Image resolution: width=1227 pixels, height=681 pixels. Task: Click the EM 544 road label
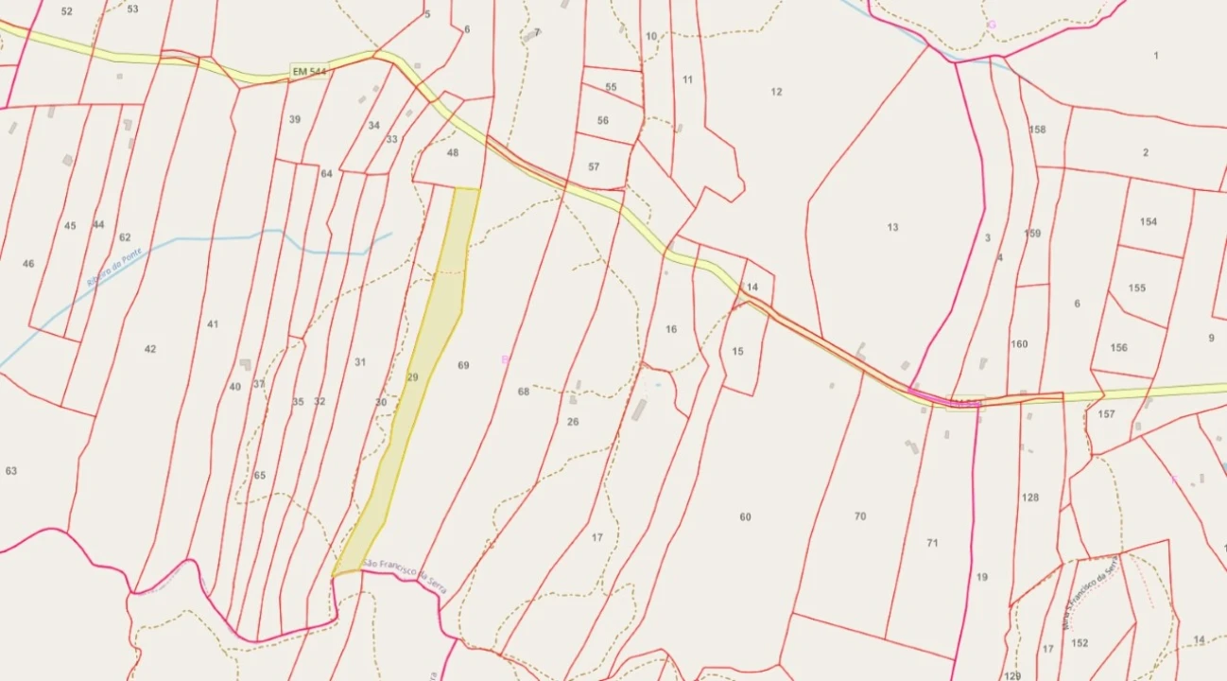click(x=308, y=72)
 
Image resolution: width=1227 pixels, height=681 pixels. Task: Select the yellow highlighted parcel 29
click(x=413, y=376)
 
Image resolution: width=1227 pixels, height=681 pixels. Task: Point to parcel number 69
click(x=463, y=365)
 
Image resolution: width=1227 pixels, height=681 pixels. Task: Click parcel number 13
click(x=892, y=227)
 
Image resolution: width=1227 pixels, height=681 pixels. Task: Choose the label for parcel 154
click(x=1149, y=222)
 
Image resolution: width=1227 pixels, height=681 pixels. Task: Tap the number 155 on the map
click(x=1137, y=288)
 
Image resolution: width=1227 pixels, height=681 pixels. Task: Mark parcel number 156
click(x=1119, y=348)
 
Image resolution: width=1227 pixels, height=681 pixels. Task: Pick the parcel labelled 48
click(x=453, y=152)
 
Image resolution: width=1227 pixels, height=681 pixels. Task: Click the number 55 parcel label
click(x=611, y=87)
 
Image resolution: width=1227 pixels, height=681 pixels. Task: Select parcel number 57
click(x=594, y=166)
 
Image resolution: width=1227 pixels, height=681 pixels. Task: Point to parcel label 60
click(x=746, y=517)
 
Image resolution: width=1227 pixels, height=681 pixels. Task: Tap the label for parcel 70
click(x=859, y=516)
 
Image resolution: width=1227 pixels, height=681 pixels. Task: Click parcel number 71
click(x=932, y=543)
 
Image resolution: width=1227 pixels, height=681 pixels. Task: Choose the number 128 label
click(x=1030, y=498)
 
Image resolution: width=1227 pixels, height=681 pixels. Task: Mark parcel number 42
click(x=150, y=349)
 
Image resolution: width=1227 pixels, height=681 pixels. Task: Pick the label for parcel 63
click(x=11, y=471)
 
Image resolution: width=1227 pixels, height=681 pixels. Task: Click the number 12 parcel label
click(x=776, y=92)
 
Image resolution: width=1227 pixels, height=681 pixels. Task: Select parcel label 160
click(x=1019, y=344)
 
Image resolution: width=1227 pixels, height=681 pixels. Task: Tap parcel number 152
click(x=1080, y=643)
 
